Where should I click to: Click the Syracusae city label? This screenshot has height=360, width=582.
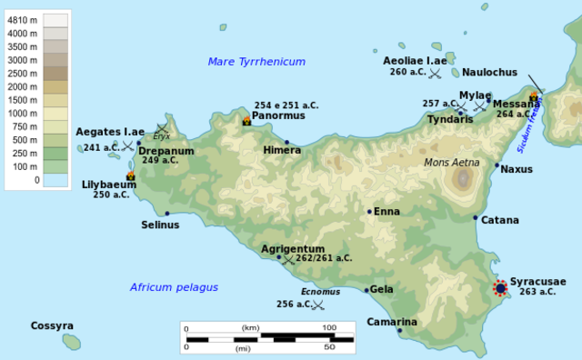538,282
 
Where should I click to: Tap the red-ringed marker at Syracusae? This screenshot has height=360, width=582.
500,288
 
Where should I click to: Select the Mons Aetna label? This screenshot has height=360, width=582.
452,163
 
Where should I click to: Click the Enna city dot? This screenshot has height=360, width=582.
369,212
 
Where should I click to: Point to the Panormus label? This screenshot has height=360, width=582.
279,117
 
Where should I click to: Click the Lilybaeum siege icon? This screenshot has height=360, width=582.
131,175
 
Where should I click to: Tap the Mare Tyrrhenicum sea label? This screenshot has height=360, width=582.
256,62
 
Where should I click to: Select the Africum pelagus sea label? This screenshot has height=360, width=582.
174,287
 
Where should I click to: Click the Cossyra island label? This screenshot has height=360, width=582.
52,325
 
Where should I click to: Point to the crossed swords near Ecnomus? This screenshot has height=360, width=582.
317,305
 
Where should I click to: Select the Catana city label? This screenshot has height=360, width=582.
500,220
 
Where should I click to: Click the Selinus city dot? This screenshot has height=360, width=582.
167,214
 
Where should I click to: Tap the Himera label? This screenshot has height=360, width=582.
282,150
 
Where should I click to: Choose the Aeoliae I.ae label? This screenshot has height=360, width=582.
415,60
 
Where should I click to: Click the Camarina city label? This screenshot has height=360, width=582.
392,322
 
